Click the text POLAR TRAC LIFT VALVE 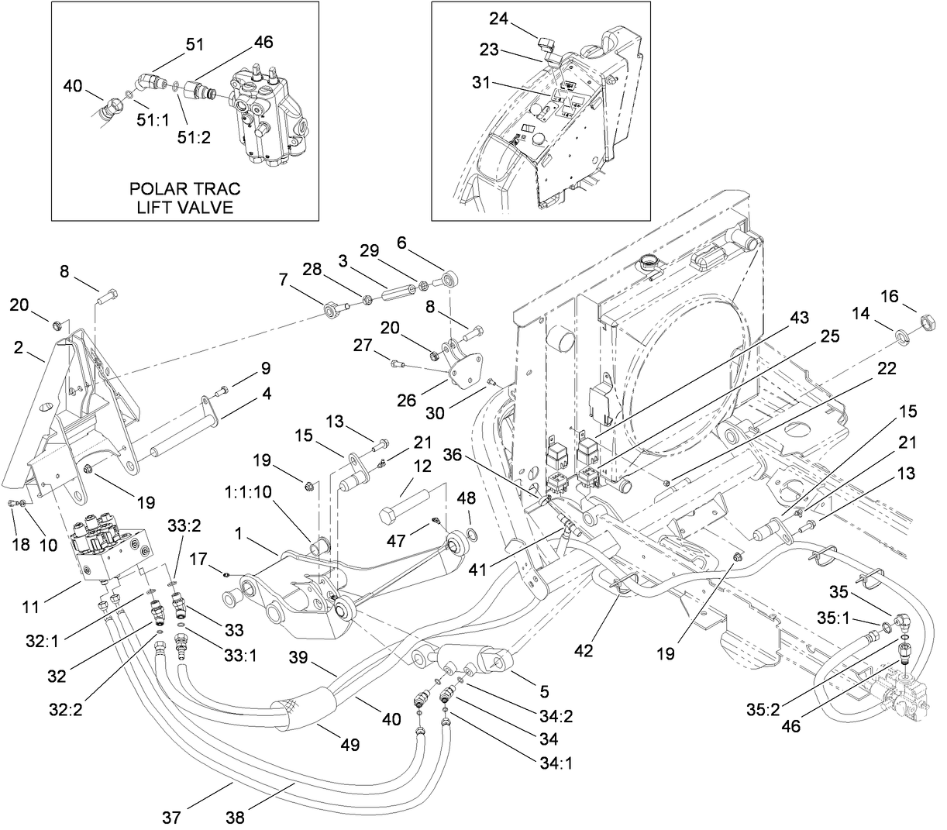point(184,198)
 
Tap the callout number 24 point(498,18)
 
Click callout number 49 point(350,745)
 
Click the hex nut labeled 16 point(925,319)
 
